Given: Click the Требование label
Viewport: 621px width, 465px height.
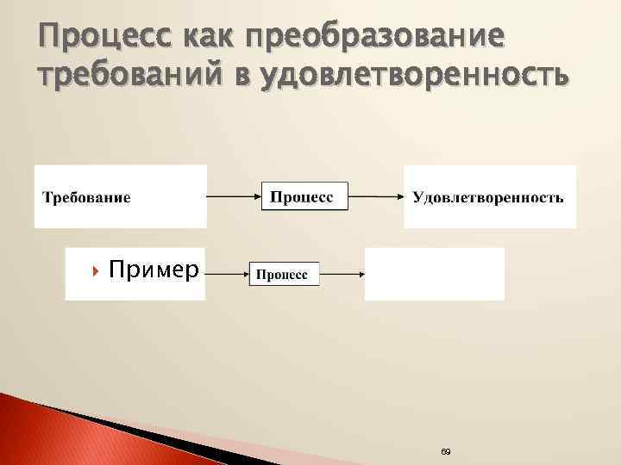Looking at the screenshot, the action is pos(87,198).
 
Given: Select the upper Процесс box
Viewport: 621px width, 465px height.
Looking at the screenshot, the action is pos(303,196).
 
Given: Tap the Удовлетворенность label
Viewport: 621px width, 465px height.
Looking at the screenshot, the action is pos(488,198).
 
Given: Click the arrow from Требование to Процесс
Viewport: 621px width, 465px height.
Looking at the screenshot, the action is pos(233,197).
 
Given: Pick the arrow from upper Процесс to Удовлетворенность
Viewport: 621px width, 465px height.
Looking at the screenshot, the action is pos(375,197).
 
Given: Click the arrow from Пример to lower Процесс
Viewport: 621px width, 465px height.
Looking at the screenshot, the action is pos(226,273).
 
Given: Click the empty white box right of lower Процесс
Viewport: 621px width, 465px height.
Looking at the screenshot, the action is pos(434,274).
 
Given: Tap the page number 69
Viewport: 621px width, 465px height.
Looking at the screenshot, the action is pos(445,451).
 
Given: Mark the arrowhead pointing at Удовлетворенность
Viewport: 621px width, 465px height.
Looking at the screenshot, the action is pos(400,197).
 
